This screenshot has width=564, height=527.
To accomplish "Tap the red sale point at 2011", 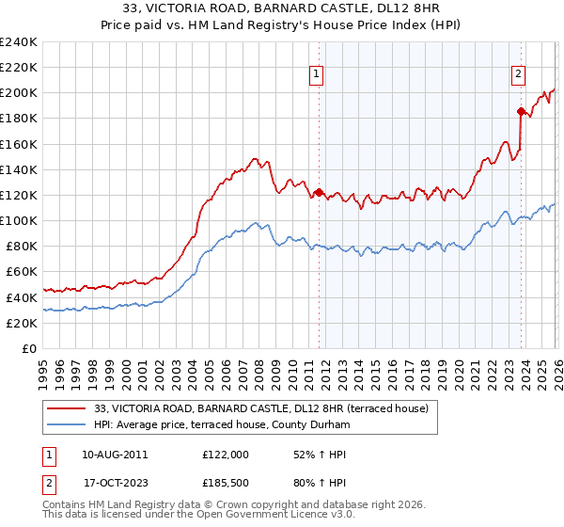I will (x=319, y=192).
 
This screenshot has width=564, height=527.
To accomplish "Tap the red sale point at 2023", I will (x=521, y=111).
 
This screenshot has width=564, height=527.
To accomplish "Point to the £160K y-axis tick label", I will (x=19, y=144).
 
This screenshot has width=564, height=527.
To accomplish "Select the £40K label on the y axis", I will (x=22, y=297).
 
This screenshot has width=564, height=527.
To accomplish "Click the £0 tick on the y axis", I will (x=30, y=348).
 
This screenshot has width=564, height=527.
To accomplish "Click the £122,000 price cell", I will (x=226, y=454).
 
